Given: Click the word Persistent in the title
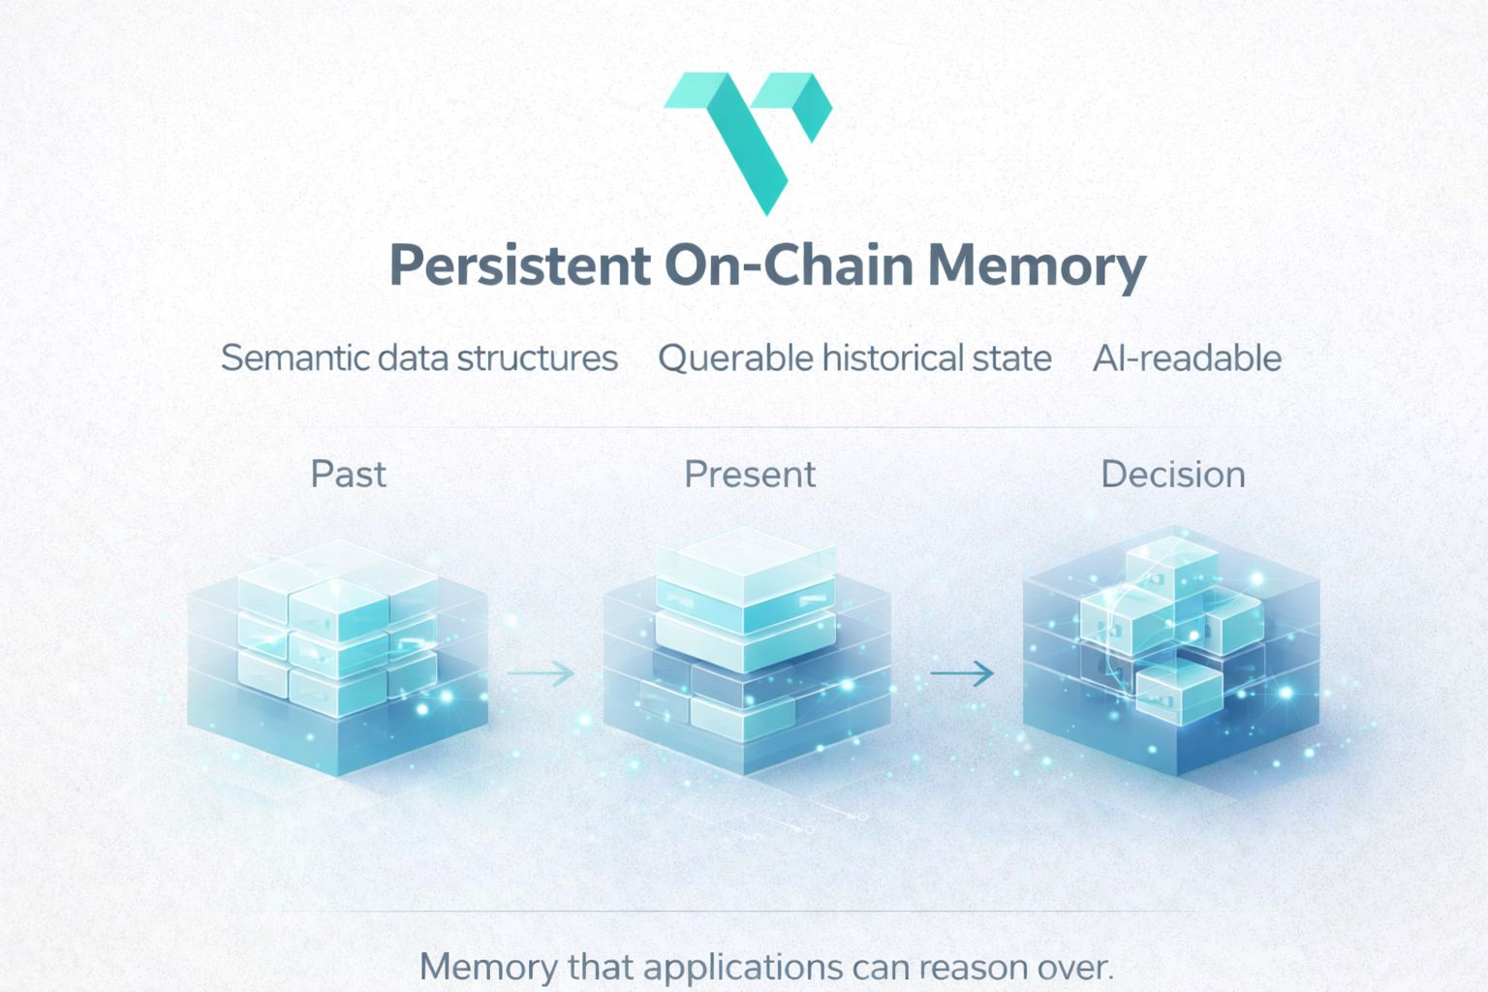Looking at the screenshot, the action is [x=519, y=265].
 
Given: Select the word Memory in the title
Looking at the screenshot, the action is [x=1037, y=265].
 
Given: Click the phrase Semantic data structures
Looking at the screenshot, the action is [x=418, y=358].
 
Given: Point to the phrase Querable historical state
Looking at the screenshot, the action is [x=854, y=358].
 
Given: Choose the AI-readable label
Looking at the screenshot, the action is [x=1187, y=358].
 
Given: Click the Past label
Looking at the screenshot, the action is [x=348, y=475].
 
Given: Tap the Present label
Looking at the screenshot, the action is [x=749, y=475].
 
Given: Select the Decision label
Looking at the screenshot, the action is [x=1172, y=475].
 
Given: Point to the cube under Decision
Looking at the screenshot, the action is [x=1170, y=649].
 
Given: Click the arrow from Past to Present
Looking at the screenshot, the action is [x=541, y=672].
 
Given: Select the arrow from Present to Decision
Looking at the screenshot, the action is [x=961, y=672].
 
